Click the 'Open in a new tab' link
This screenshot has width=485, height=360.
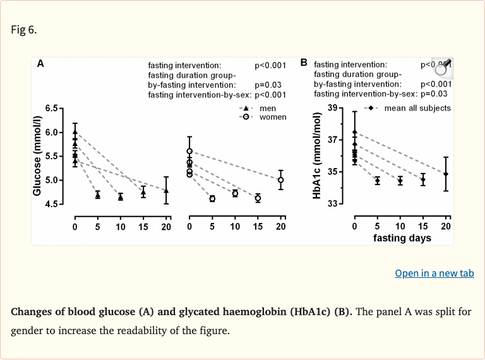[434, 273]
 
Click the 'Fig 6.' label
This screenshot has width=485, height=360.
[24, 30]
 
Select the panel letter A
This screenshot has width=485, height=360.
[40, 63]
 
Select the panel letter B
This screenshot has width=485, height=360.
[304, 63]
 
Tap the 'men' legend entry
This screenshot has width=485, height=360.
[268, 108]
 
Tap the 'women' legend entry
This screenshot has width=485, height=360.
[272, 117]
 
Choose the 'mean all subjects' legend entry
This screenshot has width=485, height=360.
[417, 108]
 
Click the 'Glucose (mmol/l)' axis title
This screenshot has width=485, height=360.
[37, 155]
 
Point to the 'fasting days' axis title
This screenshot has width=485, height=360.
[402, 238]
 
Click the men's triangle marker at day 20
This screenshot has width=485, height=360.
[166, 190]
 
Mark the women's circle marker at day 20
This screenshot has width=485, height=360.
[281, 180]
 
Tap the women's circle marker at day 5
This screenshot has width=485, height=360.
[212, 198]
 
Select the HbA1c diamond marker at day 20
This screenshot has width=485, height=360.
[446, 174]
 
